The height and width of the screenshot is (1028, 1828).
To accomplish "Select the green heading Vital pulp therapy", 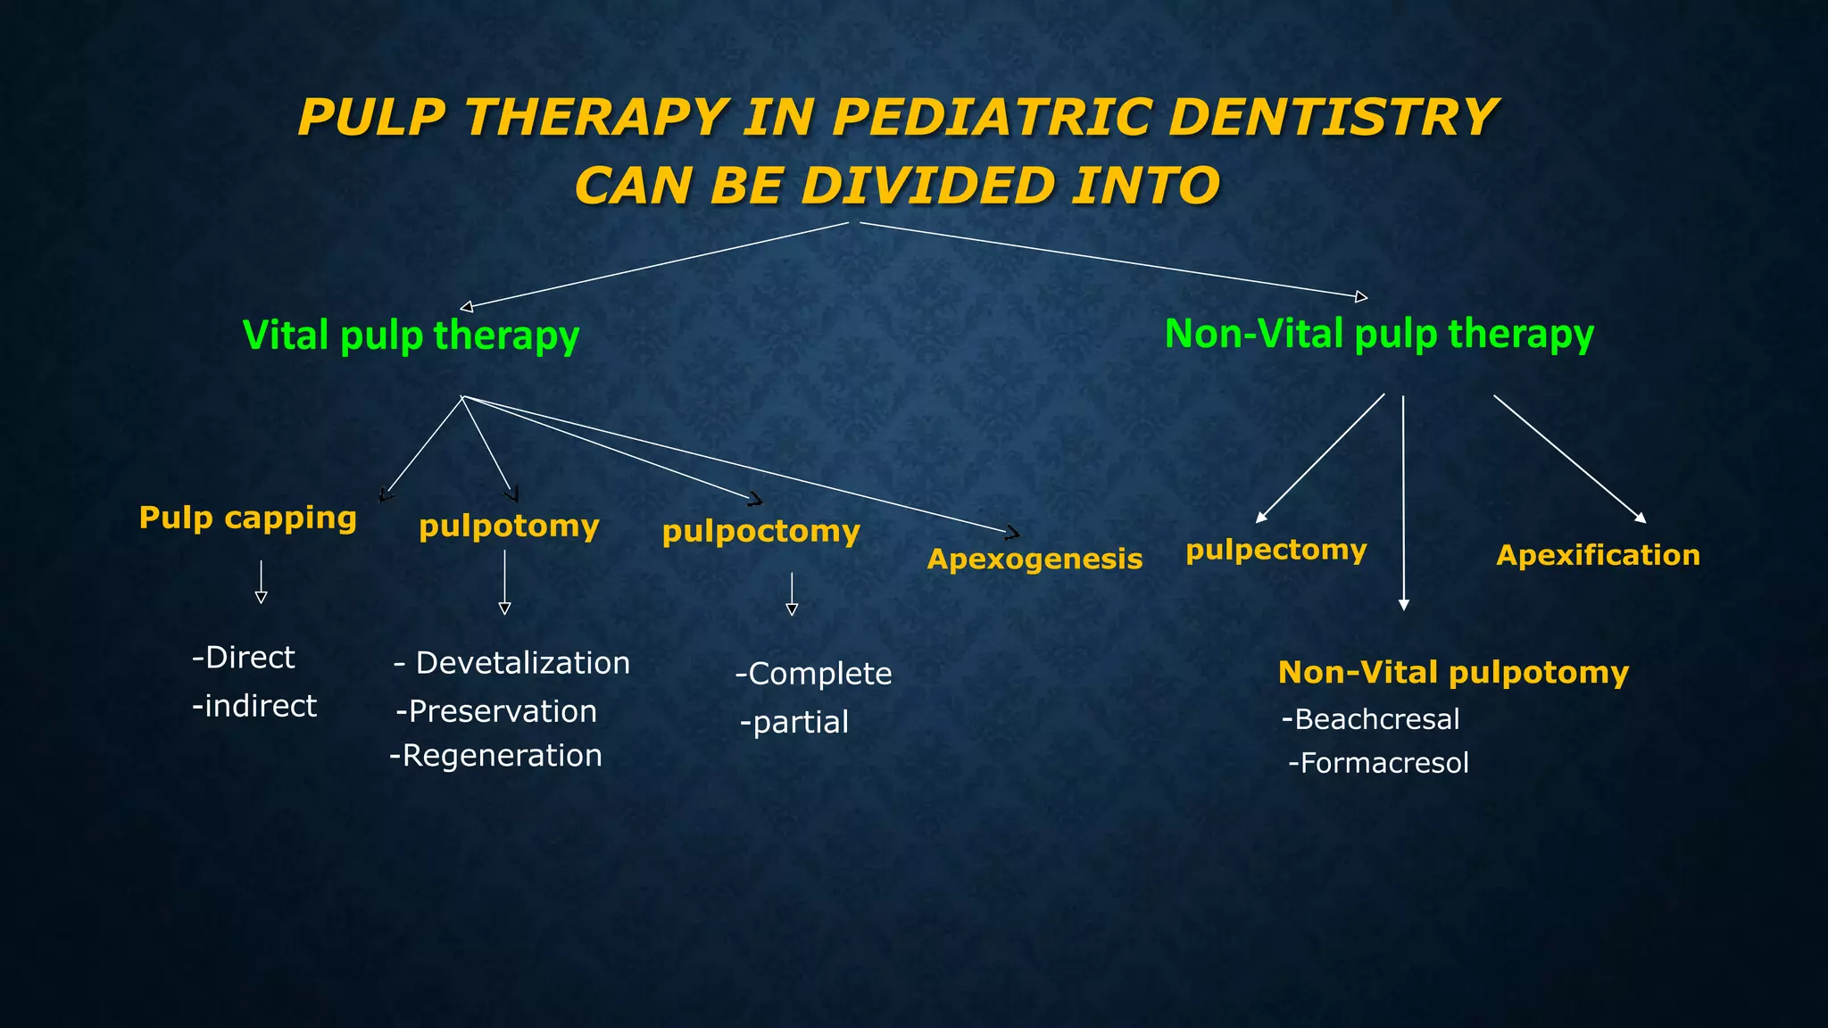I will tap(411, 336).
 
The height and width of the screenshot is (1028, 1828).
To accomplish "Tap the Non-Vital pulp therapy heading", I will tap(1379, 335).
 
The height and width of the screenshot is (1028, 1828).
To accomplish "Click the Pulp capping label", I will tap(247, 518).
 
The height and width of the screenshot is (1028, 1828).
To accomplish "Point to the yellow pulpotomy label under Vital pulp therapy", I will tap(509, 526).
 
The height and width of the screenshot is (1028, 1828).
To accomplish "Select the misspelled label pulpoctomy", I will tap(760, 532).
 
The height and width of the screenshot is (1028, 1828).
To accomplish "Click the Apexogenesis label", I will tap(1034, 560).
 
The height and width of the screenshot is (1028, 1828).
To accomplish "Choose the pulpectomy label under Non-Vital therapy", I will tap(1275, 550).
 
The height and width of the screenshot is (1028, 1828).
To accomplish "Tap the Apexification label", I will tap(1598, 555).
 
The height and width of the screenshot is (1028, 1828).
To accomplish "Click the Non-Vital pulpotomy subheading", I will tap(1453, 672).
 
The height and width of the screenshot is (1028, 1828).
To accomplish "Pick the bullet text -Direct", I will tap(243, 658).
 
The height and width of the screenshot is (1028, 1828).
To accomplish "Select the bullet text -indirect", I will tap(254, 706).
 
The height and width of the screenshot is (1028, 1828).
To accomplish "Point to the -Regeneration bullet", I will tap(495, 756).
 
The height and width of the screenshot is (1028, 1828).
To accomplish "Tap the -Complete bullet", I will tap(813, 674).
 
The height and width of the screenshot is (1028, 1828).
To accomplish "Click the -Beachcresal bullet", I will tap(1370, 719).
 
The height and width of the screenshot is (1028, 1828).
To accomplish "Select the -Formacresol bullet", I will tap(1378, 763).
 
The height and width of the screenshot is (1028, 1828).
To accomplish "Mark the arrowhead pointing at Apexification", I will tap(1641, 518).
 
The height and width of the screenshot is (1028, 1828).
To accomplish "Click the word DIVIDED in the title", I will tap(927, 186).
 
